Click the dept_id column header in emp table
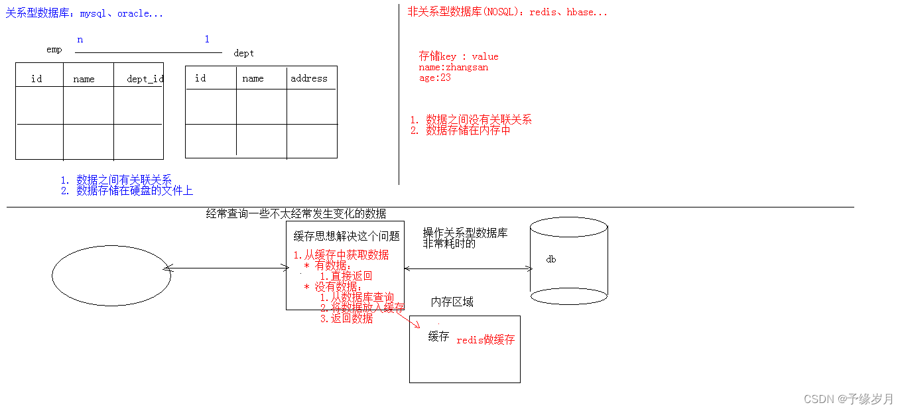pyautogui.click(x=145, y=79)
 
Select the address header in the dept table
pyautogui.click(x=309, y=78)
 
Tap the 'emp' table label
pyautogui.click(x=54, y=50)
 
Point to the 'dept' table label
pyautogui.click(x=243, y=53)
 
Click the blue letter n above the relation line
pyautogui.click(x=80, y=40)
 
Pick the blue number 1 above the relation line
pyautogui.click(x=207, y=40)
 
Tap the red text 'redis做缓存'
pyautogui.click(x=485, y=340)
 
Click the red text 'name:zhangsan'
pyautogui.click(x=454, y=67)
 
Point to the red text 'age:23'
pyautogui.click(x=435, y=78)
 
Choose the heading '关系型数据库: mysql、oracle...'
pyautogui.click(x=84, y=13)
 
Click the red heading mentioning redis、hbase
pyautogui.click(x=507, y=12)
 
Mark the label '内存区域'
pyautogui.click(x=452, y=302)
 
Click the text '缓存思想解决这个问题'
pyautogui.click(x=347, y=236)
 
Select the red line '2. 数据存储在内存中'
pyautogui.click(x=460, y=131)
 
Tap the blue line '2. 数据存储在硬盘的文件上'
pyautogui.click(x=127, y=191)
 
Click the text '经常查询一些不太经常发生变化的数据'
pyautogui.click(x=296, y=213)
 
